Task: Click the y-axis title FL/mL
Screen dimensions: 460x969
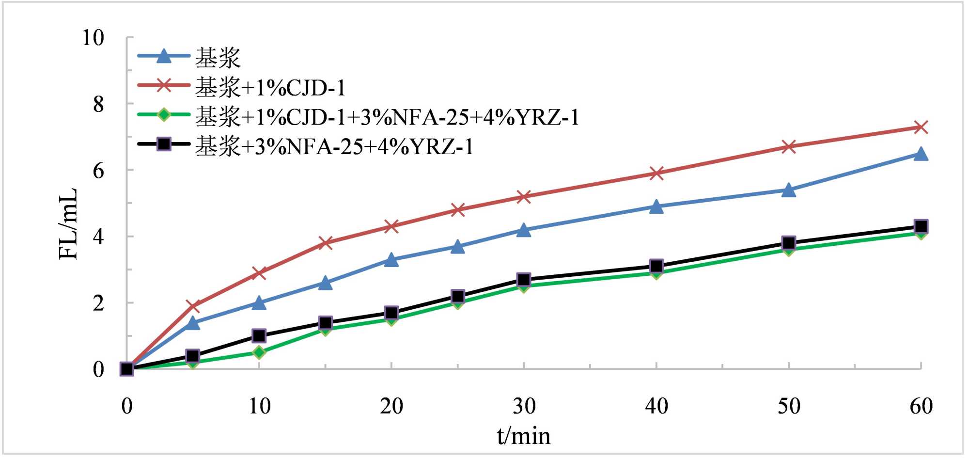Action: [68, 223]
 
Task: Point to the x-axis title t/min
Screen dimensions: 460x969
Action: [524, 436]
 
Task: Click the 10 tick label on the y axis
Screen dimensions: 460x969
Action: [93, 38]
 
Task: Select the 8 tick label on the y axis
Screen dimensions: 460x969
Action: [98, 104]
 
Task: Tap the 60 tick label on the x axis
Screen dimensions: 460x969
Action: [921, 406]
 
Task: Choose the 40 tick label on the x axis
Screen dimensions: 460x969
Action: [656, 406]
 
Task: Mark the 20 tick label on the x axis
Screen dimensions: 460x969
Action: [391, 406]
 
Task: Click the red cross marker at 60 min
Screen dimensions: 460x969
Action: [921, 127]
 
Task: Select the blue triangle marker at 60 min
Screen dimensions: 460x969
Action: [921, 155]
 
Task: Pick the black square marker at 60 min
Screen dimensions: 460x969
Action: [921, 226]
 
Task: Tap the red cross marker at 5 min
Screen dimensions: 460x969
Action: [193, 306]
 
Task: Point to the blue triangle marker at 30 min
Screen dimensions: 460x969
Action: [524, 230]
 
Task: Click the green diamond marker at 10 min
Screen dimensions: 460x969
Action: [259, 352]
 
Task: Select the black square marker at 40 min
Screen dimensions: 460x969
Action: [656, 266]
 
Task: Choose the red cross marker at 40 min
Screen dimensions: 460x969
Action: [656, 173]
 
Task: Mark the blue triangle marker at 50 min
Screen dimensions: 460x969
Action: [789, 190]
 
